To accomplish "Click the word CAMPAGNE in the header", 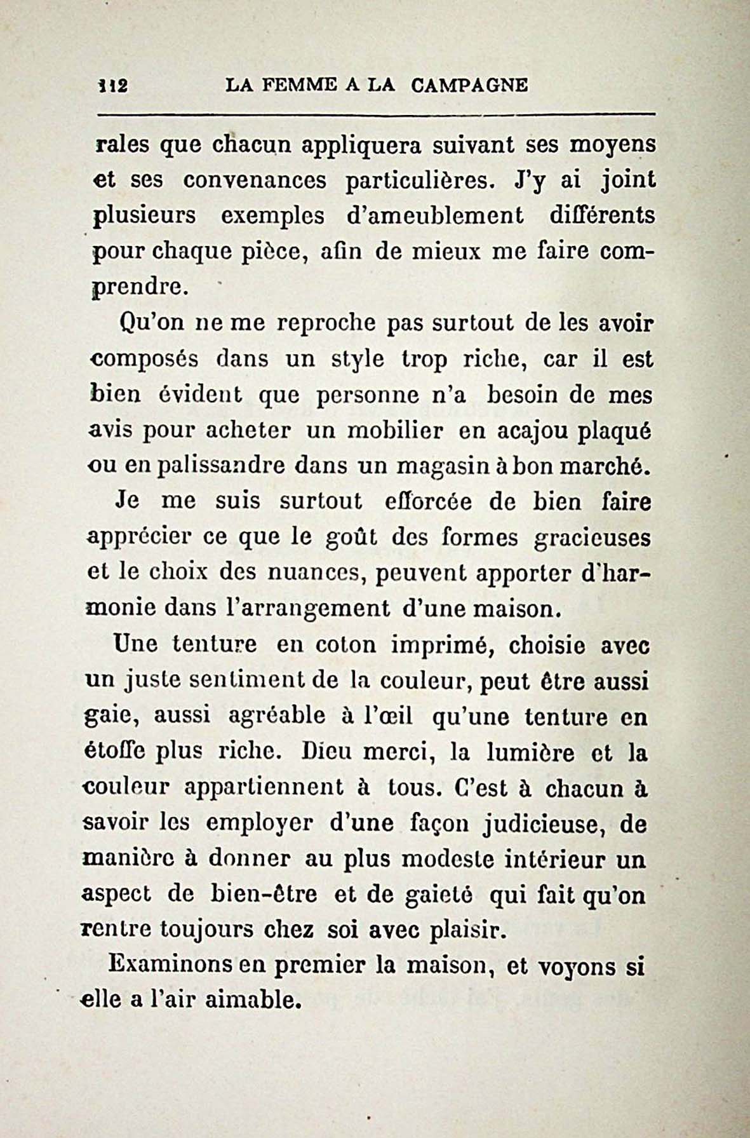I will click(x=469, y=85).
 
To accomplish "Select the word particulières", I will click(x=419, y=181).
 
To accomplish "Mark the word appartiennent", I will click(x=264, y=788).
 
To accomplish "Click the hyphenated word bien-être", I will click(x=262, y=895).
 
